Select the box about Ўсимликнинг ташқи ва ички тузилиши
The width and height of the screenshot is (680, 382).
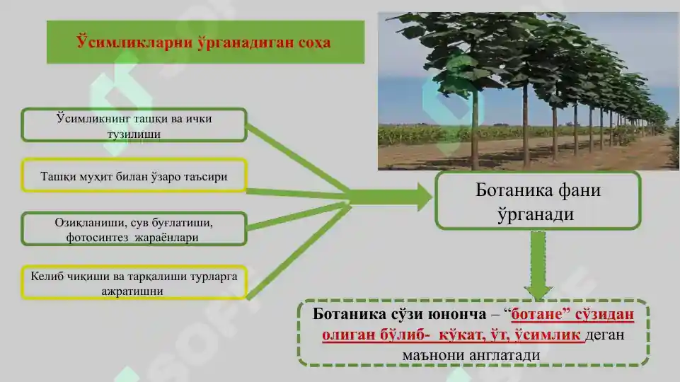tap(134, 125)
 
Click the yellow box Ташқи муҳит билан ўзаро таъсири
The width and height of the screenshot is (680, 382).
tap(134, 176)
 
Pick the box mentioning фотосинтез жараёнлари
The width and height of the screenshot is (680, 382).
tap(134, 229)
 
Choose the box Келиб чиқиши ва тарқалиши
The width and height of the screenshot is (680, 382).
tap(134, 282)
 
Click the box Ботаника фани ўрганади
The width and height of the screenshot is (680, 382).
tap(537, 201)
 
